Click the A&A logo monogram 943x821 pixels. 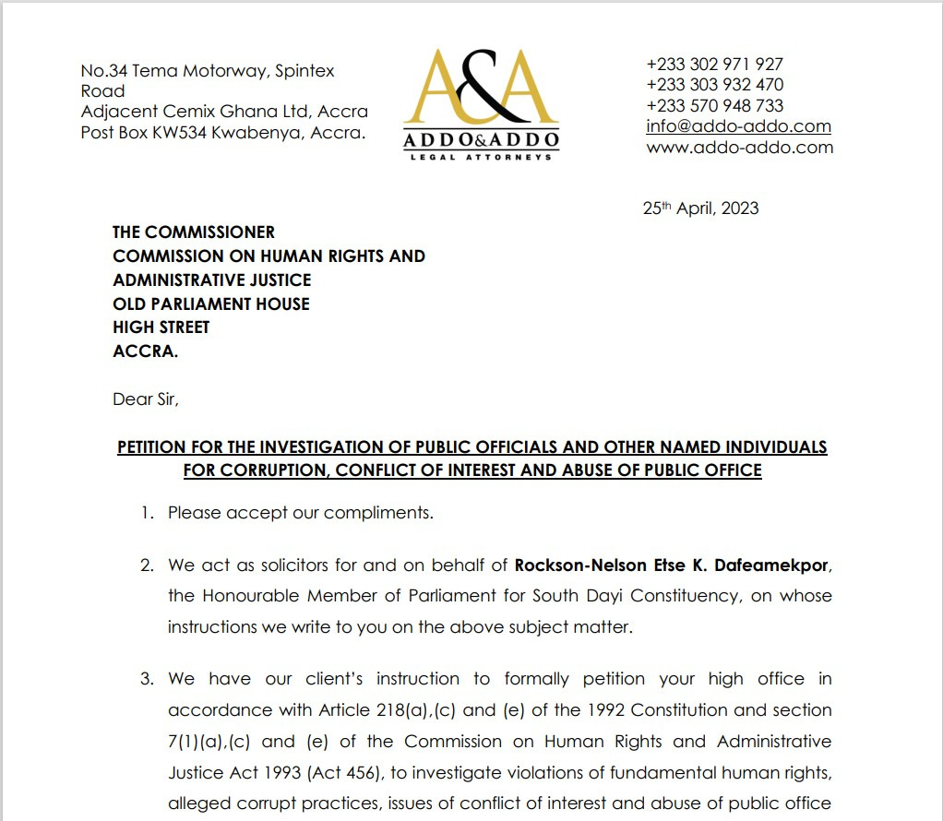481,89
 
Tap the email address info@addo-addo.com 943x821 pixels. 738,126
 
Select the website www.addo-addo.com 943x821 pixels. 739,148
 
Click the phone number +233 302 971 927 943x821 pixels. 714,65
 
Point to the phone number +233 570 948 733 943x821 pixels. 714,106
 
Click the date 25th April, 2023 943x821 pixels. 700,208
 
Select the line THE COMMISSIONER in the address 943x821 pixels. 194,232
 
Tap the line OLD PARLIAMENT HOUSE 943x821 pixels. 211,303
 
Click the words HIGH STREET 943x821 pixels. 161,327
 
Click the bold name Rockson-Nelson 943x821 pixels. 572,565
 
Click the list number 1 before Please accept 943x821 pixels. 147,513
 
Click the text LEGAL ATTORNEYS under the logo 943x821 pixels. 481,157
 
